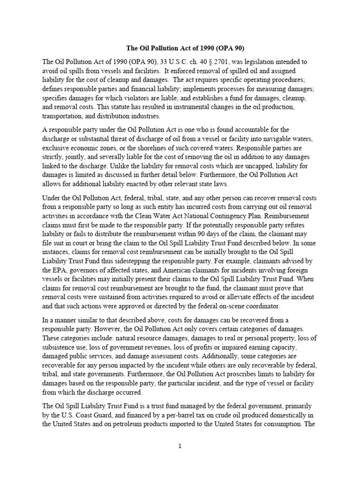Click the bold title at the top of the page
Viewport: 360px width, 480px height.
[180, 48]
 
